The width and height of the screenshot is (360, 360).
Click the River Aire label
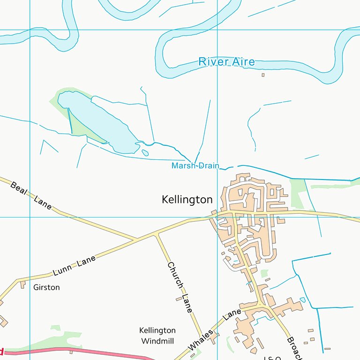coord(226,61)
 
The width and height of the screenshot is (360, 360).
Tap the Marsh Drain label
coord(195,165)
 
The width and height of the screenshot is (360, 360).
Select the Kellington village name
coord(187,200)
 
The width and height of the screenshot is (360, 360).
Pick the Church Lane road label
coord(180,287)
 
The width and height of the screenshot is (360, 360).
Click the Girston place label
coord(46,287)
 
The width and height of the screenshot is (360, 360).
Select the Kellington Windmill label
coord(157,336)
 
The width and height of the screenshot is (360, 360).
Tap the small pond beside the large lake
coord(145,153)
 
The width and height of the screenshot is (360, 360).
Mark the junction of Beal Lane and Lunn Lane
coord(136,240)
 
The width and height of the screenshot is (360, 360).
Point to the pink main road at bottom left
coord(70,350)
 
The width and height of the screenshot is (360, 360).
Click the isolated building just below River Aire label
coord(263,75)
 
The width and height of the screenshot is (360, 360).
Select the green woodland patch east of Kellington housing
coord(297,192)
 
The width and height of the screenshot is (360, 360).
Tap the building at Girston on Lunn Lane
coord(22,285)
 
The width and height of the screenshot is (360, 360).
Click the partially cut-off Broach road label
coord(292,347)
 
